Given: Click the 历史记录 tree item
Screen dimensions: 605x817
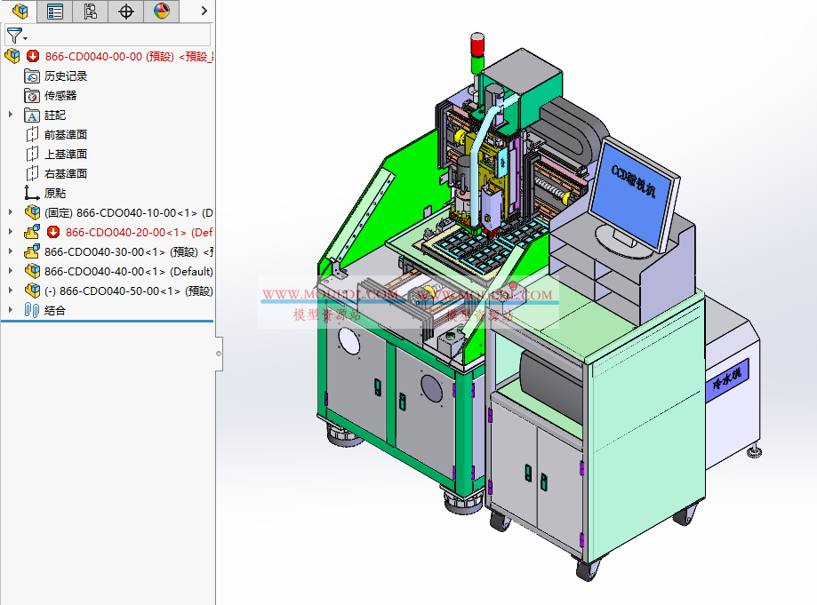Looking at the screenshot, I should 66,76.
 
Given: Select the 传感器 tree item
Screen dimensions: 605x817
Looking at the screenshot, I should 60,96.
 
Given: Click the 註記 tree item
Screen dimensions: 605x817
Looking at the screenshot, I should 55,115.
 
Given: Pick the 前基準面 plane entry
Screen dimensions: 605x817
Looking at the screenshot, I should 66,135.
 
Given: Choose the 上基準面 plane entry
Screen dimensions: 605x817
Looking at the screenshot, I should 66,155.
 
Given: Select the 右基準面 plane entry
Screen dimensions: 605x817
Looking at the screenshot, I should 66,174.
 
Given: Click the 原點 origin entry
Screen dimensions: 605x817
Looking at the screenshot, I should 55,194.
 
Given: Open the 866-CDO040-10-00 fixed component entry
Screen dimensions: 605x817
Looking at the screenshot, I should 124,213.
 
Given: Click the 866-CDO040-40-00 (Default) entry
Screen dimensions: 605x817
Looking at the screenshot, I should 124,272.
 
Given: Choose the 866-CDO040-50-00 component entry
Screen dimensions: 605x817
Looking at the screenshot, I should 124,291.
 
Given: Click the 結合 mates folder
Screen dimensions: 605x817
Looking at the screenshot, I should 55,311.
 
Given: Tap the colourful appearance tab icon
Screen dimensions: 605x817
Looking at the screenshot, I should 161,12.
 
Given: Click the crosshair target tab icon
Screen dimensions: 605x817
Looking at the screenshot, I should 126,12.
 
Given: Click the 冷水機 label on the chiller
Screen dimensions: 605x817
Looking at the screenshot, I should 730,377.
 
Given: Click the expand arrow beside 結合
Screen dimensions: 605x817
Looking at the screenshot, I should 11,311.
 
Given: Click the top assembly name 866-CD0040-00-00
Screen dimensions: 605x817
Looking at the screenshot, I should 93,57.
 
